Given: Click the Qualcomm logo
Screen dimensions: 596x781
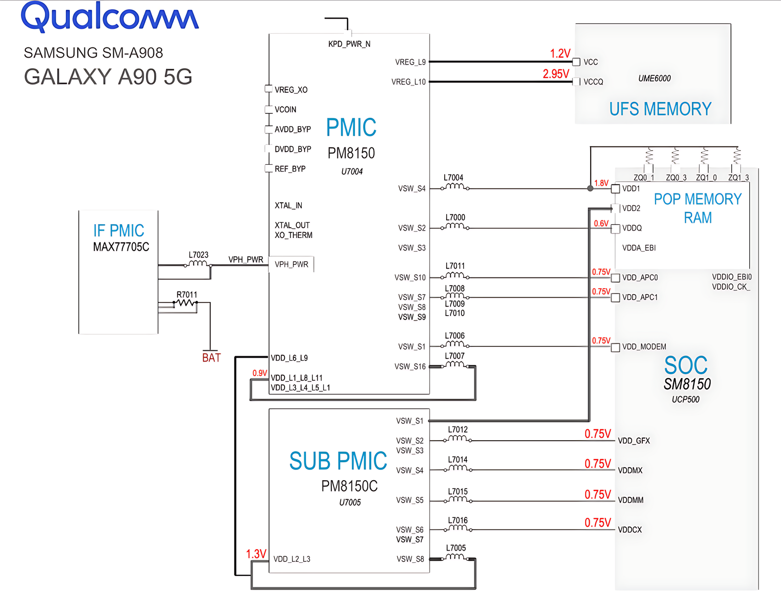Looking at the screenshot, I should coord(110,17).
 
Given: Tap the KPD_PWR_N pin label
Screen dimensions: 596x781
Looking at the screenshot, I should coord(349,44).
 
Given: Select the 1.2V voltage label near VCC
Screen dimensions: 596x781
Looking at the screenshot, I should coord(560,53).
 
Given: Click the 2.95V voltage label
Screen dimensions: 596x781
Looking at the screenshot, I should coord(555,74).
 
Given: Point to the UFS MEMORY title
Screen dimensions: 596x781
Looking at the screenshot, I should coord(660,109).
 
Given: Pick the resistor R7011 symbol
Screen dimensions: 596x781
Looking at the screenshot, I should coord(185,303).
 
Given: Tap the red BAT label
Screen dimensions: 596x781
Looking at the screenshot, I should coord(211,358).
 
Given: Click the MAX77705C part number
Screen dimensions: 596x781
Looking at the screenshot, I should coord(121,247).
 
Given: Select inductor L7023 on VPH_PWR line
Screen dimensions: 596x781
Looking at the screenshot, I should coord(198,263).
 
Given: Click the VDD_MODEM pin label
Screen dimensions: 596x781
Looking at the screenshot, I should coord(644,347).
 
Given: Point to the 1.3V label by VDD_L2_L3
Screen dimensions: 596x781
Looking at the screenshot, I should coord(256,554).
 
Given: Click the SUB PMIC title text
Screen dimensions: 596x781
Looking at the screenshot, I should coord(338,461).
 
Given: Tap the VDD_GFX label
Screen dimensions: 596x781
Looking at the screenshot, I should coord(634,441).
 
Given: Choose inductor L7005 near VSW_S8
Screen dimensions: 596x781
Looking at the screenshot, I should coord(455,556).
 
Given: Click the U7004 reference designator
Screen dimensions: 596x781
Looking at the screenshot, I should coord(352,171).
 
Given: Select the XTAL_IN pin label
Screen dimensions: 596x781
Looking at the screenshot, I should coord(288,206).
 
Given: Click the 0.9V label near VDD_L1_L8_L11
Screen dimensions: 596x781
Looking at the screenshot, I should coord(260,373).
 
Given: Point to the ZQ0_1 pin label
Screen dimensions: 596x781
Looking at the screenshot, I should coord(643,178).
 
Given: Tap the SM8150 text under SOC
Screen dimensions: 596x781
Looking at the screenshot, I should coord(687,384).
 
